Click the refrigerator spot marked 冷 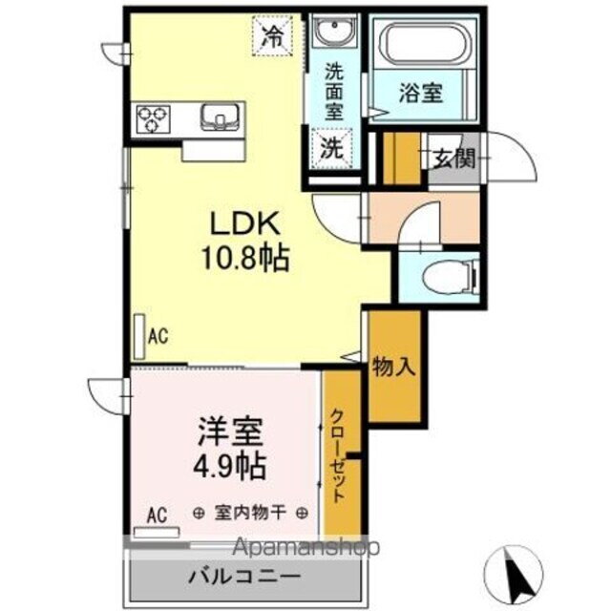pos(273,38)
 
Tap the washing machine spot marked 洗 pos(330,147)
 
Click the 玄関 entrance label pos(451,158)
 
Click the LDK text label pos(244,225)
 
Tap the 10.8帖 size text pos(244,258)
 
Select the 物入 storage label pos(393,367)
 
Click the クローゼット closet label pos(338,456)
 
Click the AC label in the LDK pos(158,336)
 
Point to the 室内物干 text pos(251,513)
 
